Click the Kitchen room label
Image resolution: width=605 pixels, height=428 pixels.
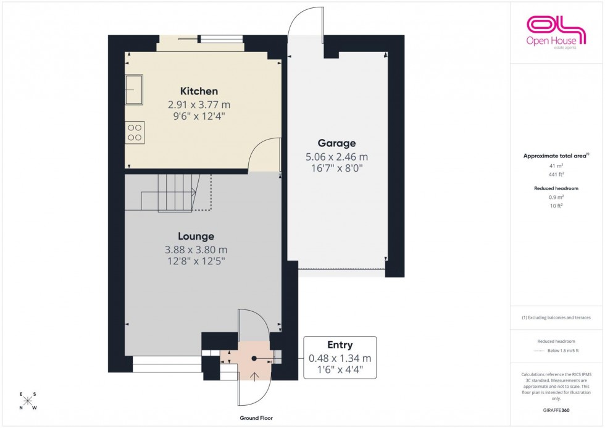point(199,91)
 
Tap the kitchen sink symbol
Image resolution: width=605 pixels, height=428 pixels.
point(134,90)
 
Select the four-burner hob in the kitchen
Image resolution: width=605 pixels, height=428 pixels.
point(135,132)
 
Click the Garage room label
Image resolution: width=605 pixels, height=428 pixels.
point(336,143)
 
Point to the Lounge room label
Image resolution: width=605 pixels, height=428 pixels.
point(196,236)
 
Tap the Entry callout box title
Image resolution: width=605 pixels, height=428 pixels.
point(340,345)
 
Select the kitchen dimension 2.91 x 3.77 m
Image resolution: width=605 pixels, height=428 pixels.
point(199,104)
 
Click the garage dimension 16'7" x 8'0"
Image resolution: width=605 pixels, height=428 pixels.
point(336,168)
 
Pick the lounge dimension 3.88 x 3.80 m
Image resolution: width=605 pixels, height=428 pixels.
point(196,250)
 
